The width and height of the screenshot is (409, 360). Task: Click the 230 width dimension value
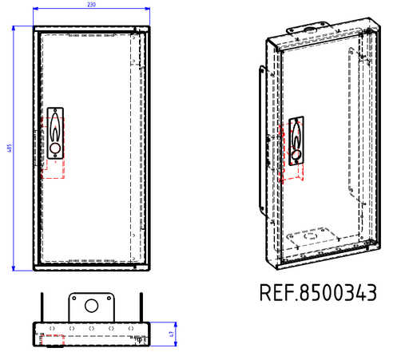click(x=91, y=5)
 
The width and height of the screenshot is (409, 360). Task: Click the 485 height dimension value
click(x=10, y=149)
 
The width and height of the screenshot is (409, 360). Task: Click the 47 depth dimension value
click(x=172, y=334)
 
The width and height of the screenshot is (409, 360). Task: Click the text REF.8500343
click(x=317, y=292)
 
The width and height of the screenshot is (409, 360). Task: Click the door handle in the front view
click(x=54, y=132)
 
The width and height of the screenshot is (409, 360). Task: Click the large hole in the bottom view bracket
click(x=90, y=305)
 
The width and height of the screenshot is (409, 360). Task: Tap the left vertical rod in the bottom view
click(x=42, y=307)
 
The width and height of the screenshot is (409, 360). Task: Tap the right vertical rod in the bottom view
click(x=142, y=307)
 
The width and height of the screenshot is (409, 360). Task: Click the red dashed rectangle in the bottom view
click(x=54, y=342)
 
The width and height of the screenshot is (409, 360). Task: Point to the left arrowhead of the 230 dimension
click(x=36, y=10)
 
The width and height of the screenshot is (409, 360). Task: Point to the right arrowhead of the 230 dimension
click(x=148, y=10)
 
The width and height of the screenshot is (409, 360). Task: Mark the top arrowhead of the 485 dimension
click(x=15, y=28)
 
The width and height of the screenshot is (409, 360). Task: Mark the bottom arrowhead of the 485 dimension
click(x=15, y=269)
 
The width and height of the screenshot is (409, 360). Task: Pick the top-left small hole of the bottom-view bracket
click(x=73, y=296)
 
